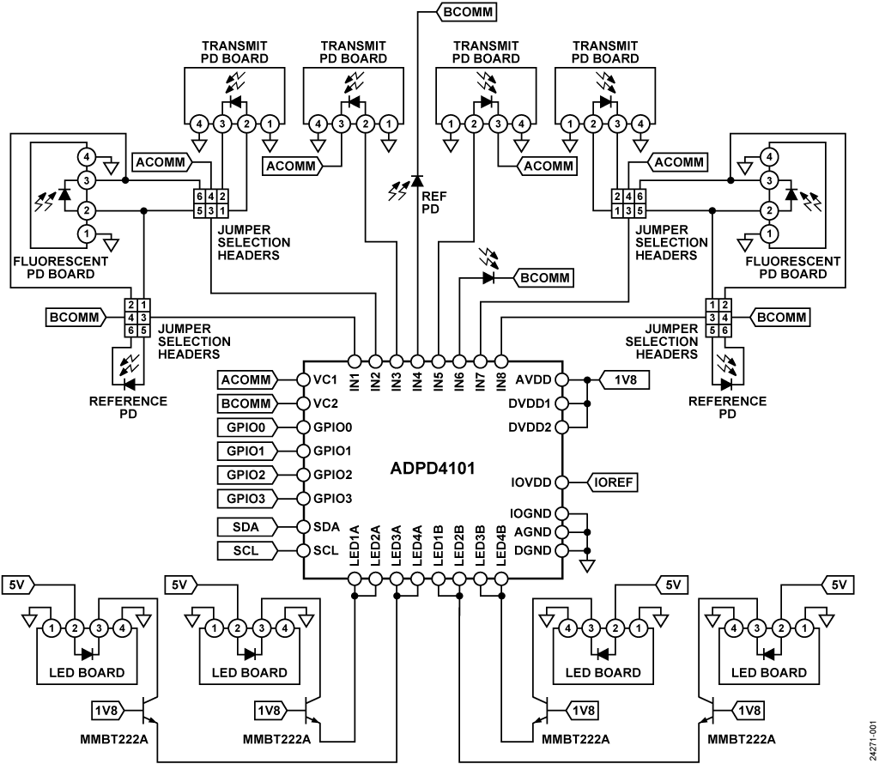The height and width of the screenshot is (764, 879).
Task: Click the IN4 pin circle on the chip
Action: [417, 361]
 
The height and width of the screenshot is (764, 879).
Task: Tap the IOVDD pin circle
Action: [561, 482]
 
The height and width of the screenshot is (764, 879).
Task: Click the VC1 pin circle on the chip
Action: [303, 379]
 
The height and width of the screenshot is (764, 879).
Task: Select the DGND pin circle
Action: [561, 550]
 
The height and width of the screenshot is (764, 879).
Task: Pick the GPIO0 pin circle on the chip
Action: [303, 427]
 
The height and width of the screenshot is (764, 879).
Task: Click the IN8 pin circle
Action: [501, 361]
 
